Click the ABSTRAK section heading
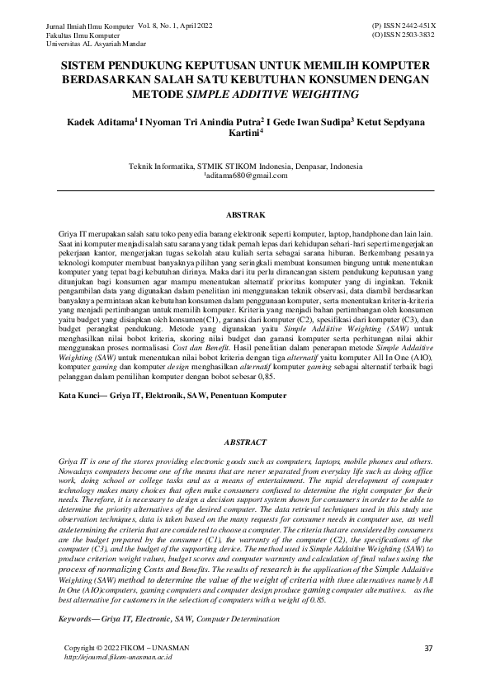245,214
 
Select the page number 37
428,648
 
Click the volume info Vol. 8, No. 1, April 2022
171,26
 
